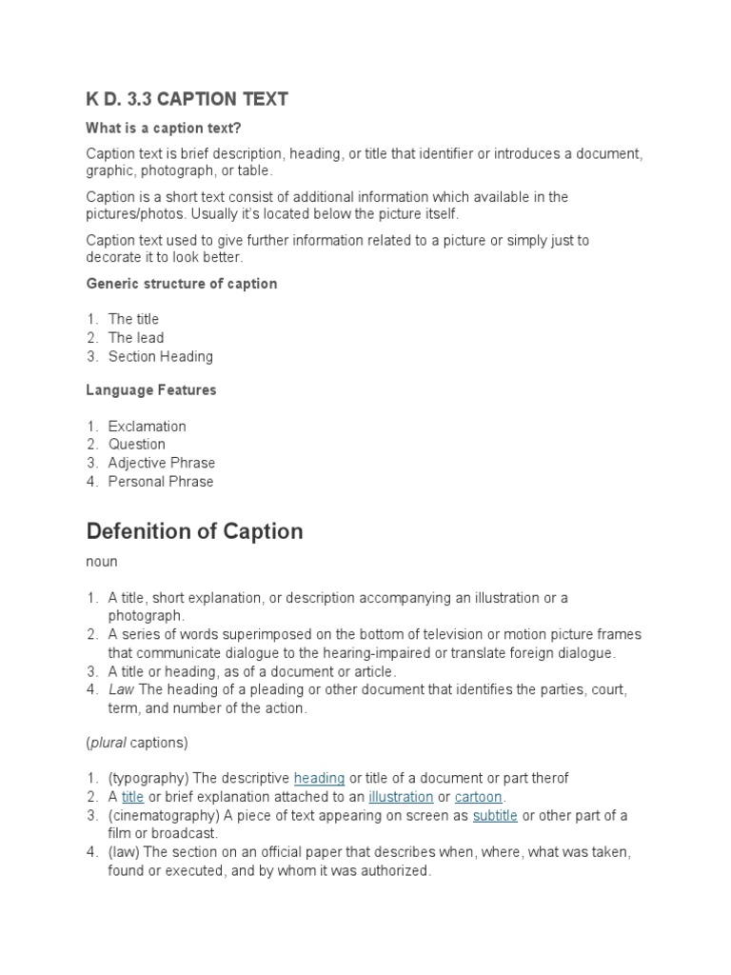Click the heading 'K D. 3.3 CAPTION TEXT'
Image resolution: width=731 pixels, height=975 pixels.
[187, 99]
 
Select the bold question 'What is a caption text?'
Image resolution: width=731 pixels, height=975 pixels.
[171, 129]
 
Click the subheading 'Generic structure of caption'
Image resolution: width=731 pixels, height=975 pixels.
[182, 284]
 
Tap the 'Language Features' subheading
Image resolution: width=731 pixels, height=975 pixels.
[151, 389]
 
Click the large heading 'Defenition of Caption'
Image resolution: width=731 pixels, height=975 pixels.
[194, 531]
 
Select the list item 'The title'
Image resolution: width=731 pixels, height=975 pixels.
[133, 319]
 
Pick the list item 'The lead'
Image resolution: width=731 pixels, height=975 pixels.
[135, 338]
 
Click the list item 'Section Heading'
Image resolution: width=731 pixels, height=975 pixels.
[160, 356]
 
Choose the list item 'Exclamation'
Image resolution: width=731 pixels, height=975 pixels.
[147, 426]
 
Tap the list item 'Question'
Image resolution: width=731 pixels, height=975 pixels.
[136, 444]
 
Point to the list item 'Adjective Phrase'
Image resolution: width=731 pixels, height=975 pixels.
[161, 463]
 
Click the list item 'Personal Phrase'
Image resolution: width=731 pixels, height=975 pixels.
[160, 481]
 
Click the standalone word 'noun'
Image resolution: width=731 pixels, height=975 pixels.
[102, 563]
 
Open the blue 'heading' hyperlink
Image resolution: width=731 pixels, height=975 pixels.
[319, 778]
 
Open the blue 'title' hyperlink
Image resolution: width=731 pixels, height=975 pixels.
[132, 797]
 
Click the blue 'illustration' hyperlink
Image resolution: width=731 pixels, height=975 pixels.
[401, 797]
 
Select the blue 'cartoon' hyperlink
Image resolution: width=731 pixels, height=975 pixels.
[479, 797]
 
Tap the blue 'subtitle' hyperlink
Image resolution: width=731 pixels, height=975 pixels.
[495, 815]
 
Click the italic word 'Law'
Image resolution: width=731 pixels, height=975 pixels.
[121, 689]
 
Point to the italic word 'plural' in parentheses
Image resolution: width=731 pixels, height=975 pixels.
[110, 742]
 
